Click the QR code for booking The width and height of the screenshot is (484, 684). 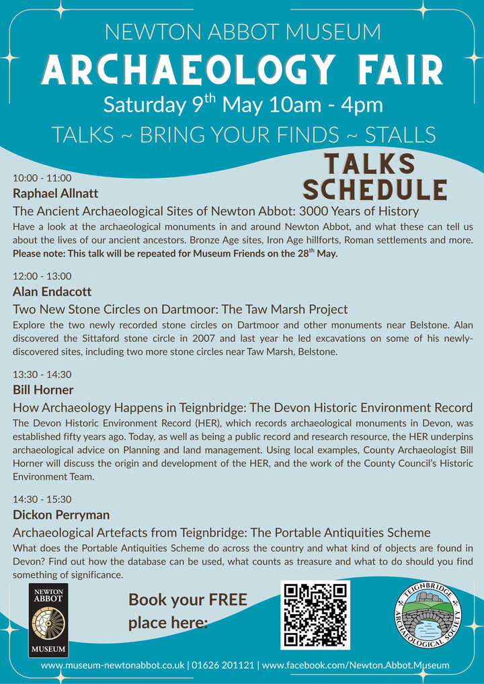tap(315, 614)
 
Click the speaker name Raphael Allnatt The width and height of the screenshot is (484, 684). tap(56, 194)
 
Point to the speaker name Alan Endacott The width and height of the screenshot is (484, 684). tap(52, 292)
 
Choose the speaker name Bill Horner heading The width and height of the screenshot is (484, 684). tap(43, 390)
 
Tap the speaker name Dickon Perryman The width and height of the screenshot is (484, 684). tap(61, 515)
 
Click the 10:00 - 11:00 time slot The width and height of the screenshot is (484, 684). tap(42, 178)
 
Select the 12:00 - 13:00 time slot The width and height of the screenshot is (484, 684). tap(42, 276)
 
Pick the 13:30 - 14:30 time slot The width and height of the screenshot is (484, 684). tap(42, 374)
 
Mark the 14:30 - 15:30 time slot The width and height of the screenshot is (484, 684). tap(42, 499)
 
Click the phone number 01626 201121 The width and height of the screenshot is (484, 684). tap(223, 665)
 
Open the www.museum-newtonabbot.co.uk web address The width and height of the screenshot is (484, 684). tap(112, 665)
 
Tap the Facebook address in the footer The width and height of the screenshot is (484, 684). tap(355, 665)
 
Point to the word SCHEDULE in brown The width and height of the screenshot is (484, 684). tap(374, 190)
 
